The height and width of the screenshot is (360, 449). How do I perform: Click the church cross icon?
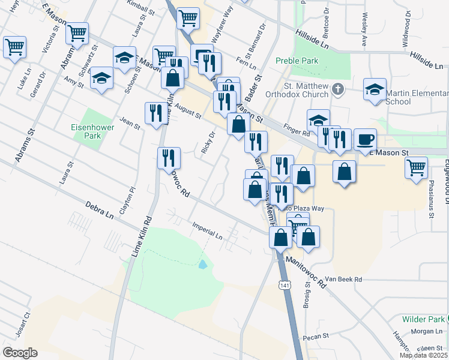pyautogui.click(x=338, y=90)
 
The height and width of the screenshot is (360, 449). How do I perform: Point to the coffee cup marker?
pyautogui.click(x=365, y=140)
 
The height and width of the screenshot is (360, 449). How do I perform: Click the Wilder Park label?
pyautogui.click(x=423, y=319)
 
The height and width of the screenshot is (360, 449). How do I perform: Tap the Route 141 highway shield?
pyautogui.click(x=285, y=285)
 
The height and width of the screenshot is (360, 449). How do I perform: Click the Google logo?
pyautogui.click(x=20, y=352)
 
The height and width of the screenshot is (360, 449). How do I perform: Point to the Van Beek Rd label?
pyautogui.click(x=343, y=280)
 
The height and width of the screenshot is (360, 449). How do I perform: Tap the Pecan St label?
pyautogui.click(x=313, y=338)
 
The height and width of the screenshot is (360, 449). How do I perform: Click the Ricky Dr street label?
pyautogui.click(x=208, y=142)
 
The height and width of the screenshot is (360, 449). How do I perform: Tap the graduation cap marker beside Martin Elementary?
pyautogui.click(x=375, y=90)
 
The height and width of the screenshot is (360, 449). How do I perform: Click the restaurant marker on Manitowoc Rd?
pyautogui.click(x=169, y=158)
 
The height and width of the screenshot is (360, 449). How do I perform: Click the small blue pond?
pyautogui.click(x=203, y=263)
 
